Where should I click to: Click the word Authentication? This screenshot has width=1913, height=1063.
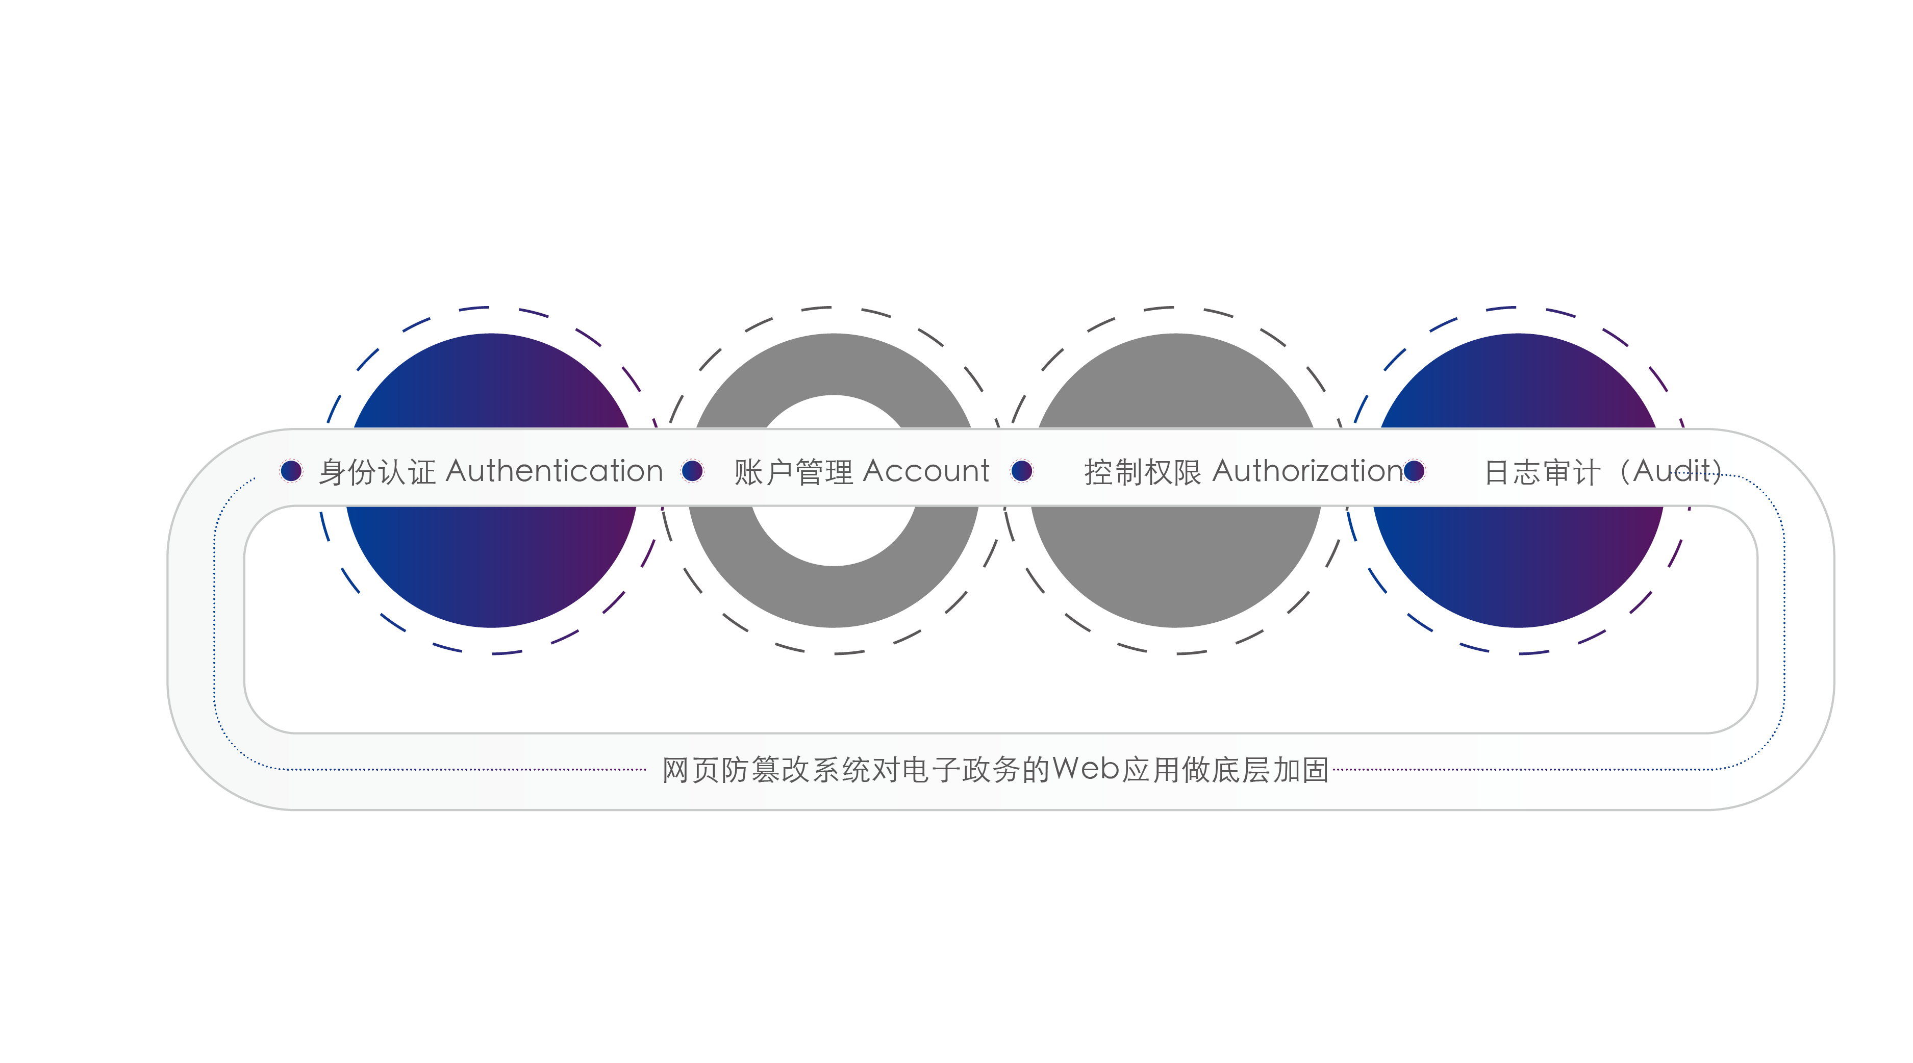coord(554,471)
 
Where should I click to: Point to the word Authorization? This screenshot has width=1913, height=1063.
coord(1308,471)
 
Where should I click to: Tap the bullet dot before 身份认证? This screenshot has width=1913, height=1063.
coord(291,471)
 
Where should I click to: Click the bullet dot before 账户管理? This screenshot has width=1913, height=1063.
coord(692,471)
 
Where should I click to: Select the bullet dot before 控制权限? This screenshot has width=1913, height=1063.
coord(1022,471)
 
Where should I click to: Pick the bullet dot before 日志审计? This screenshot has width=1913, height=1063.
coord(1414,471)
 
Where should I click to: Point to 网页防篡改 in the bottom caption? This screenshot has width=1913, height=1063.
coord(736,770)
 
